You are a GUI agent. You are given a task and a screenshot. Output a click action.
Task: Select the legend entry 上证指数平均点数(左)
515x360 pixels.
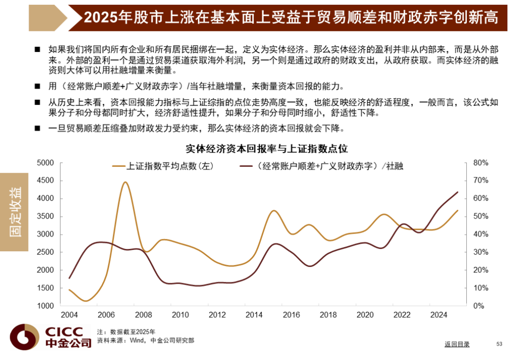(x=163, y=166)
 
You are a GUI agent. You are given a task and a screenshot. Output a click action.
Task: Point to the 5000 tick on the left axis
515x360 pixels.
(x=46, y=163)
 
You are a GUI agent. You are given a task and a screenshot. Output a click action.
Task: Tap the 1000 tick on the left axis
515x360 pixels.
(x=46, y=306)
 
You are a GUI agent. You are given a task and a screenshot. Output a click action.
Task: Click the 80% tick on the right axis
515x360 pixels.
(x=481, y=163)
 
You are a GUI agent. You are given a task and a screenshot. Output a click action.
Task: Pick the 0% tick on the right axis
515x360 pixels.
(x=479, y=306)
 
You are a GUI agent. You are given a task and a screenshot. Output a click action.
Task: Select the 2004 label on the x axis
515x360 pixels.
(x=69, y=315)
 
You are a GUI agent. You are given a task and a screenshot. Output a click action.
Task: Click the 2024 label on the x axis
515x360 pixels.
(x=438, y=315)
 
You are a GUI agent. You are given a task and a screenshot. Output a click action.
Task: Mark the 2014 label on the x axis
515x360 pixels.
(x=254, y=315)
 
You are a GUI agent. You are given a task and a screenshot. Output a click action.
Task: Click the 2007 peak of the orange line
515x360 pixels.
(x=125, y=182)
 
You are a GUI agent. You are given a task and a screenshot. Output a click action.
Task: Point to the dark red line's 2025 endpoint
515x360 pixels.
(x=458, y=192)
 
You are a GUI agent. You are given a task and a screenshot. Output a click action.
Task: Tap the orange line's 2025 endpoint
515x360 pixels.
(x=458, y=210)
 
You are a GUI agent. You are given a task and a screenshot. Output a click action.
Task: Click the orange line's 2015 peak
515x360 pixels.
(x=274, y=210)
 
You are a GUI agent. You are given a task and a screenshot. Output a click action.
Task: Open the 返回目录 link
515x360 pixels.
(x=457, y=344)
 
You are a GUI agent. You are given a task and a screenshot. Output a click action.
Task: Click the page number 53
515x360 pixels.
(x=499, y=344)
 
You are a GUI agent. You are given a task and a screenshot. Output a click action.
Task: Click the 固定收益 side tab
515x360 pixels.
(x=14, y=212)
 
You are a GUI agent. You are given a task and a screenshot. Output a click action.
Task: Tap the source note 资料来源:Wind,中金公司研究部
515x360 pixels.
(x=145, y=340)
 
